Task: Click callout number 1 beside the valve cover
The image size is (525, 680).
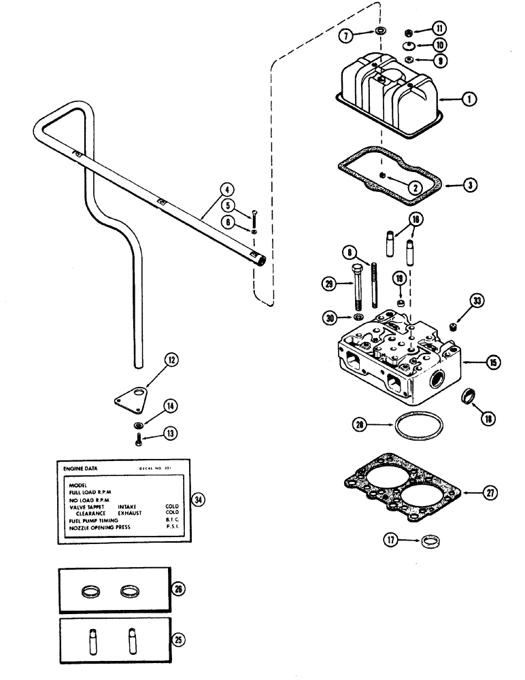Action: click(467, 99)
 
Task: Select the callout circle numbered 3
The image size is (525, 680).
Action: click(467, 184)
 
